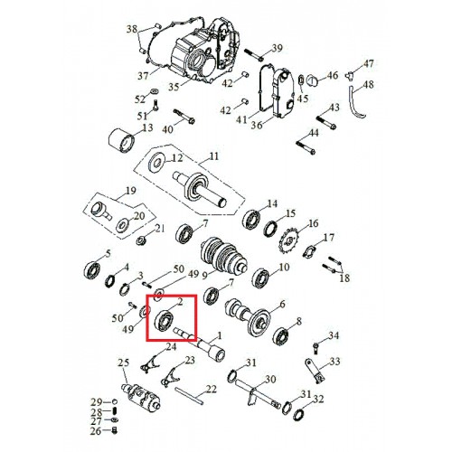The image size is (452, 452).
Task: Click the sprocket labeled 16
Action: coord(288,242)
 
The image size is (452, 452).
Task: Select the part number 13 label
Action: coord(147,128)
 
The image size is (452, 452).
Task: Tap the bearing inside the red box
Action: coord(164,321)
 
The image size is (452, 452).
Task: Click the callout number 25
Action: coord(124,363)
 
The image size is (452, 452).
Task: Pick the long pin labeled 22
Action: coord(189,397)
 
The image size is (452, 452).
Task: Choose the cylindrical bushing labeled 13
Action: coord(121,141)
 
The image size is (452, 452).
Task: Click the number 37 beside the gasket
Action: coord(143,75)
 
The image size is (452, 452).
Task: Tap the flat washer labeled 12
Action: coord(157,163)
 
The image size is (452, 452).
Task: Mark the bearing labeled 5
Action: coord(92,270)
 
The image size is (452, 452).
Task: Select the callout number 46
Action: coord(333,75)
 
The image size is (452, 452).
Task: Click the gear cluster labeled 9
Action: coord(223,255)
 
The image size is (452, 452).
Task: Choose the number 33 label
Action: coord(334,361)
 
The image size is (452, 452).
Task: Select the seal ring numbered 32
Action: coord(298,415)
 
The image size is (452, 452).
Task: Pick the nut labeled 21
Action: coord(141,240)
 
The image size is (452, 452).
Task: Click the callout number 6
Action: coord(282,305)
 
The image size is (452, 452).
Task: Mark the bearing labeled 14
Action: coord(251,219)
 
